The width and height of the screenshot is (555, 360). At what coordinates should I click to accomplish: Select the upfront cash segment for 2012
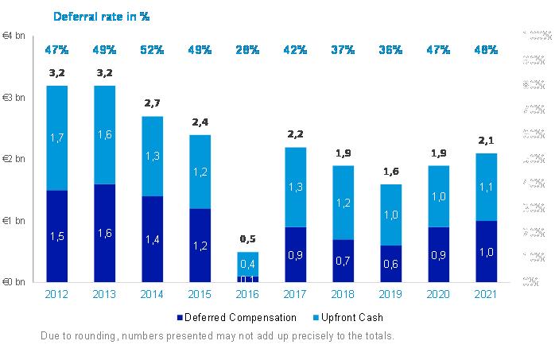56,137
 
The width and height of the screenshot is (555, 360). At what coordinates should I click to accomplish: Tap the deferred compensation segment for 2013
104,233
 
